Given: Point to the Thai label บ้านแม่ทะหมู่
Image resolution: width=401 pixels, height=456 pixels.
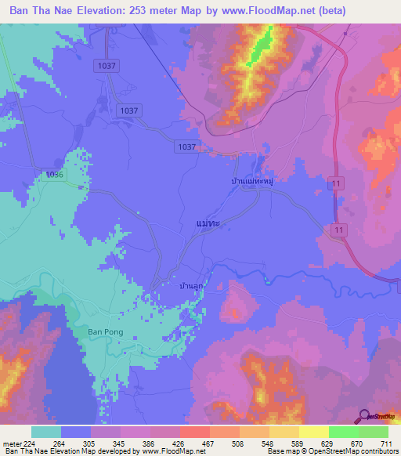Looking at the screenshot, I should [x=251, y=180].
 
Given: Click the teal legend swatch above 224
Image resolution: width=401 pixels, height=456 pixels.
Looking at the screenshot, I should [x=45, y=432].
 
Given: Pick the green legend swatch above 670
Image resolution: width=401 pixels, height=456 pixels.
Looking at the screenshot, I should [x=343, y=432].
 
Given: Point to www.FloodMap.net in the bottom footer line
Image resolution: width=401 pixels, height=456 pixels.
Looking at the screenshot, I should [x=167, y=452].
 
